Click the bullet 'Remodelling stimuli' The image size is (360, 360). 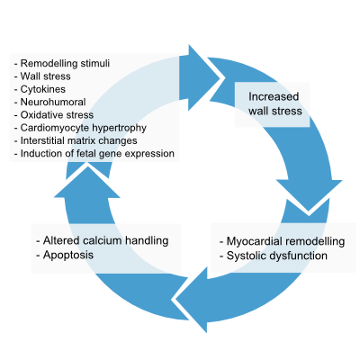[65, 63]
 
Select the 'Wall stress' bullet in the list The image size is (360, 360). [45, 76]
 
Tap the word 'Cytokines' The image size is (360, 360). [43, 89]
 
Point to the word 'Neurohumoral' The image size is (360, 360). [53, 102]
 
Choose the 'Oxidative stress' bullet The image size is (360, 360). [57, 115]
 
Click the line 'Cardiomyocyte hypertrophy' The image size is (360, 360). [84, 128]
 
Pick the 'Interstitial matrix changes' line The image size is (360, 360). [78, 140]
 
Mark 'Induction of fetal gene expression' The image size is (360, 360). [97, 154]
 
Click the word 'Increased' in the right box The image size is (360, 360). [274, 96]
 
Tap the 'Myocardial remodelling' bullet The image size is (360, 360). [285, 241]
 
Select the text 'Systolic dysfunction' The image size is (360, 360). [277, 256]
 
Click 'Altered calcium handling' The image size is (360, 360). [105, 240]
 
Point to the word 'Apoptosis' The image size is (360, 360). [68, 255]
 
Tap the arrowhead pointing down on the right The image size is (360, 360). [309, 195]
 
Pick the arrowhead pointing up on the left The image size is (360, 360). [87, 181]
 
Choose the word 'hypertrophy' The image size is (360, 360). [119, 128]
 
